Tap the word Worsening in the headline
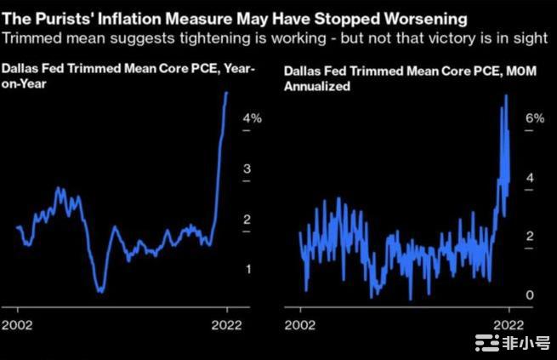[399, 16]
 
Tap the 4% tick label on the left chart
[252, 119]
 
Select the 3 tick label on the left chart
[247, 169]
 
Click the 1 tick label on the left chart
[247, 269]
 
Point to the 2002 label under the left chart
[17, 324]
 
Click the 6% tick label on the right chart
[533, 118]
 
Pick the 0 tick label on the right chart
[530, 294]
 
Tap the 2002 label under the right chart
[300, 324]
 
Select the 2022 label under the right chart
[509, 324]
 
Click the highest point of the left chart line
[226, 92]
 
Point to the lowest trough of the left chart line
[100, 291]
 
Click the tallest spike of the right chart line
[506, 95]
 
